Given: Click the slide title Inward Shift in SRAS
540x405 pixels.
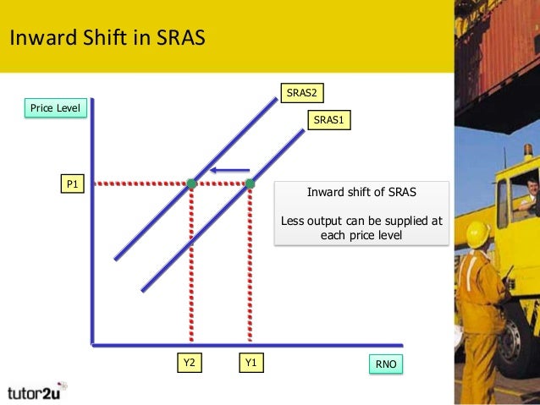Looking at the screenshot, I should point(107,39).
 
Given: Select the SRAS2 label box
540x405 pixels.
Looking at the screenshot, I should point(302,92).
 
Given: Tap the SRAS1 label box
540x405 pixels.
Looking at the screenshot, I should point(328,120).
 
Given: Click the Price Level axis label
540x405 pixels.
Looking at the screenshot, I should point(55,108).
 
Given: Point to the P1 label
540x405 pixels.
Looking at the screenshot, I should point(72,183).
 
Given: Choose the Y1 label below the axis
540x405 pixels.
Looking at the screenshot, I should point(251,364).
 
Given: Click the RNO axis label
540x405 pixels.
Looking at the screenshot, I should point(385,364).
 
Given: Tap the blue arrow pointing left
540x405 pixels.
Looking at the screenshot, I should point(229,170).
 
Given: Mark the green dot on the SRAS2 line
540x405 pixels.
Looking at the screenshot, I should point(192,183).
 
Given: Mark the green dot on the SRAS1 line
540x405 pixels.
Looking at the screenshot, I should point(250,183).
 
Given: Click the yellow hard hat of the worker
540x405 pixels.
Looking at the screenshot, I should point(478,233).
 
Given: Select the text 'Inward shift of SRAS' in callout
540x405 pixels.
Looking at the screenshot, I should point(361,192).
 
